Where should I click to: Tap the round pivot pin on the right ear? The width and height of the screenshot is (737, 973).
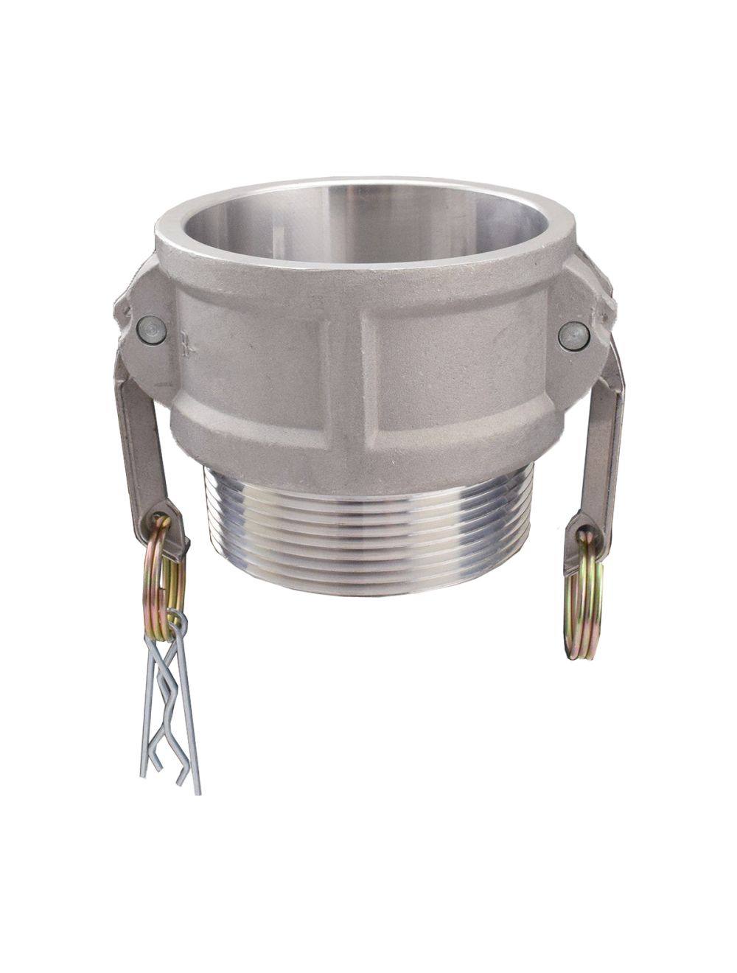coord(573,335)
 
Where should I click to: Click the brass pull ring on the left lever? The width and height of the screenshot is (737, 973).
coord(167,568)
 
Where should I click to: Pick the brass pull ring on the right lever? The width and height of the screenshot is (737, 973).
coord(583,597)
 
